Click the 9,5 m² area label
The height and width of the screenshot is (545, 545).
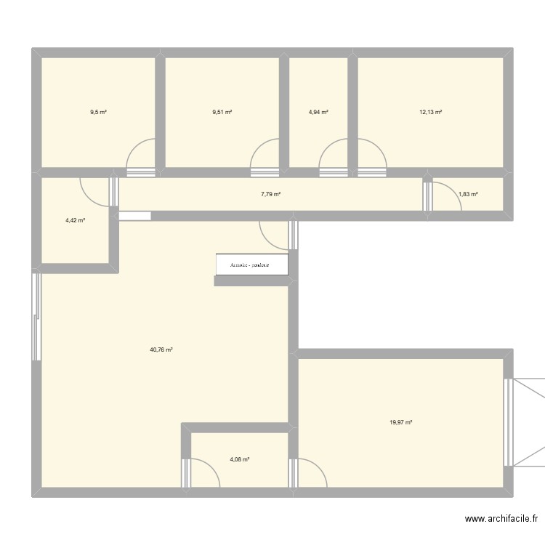(98, 112)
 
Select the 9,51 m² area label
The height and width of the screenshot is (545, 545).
(222, 112)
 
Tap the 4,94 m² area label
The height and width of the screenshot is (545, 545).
(318, 112)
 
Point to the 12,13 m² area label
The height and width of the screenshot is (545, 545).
(430, 112)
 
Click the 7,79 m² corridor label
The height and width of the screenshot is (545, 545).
(270, 194)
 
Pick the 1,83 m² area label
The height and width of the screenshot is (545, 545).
(468, 194)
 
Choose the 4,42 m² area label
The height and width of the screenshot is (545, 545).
(76, 219)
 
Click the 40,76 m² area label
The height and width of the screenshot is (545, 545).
(161, 350)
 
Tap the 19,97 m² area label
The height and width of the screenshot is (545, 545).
(400, 422)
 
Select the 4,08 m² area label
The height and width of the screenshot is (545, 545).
(240, 459)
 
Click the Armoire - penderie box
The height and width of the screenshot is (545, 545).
(251, 265)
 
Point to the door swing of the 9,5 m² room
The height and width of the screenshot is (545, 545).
(142, 154)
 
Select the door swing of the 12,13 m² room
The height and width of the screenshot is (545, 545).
(371, 154)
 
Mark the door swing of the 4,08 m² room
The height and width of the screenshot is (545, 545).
(203, 472)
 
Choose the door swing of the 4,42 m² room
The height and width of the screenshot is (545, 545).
(95, 190)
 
